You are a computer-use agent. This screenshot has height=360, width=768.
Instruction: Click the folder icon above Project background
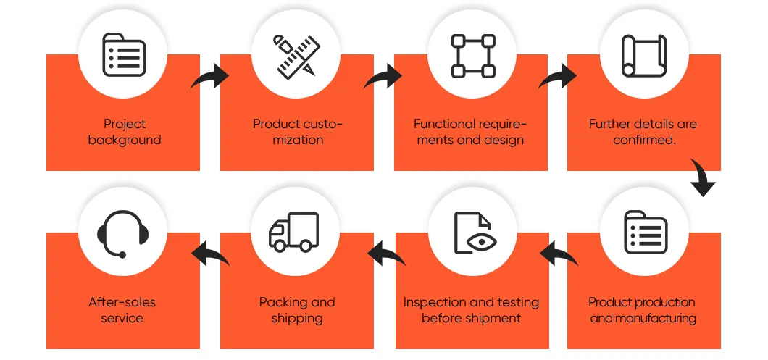pos(123,54)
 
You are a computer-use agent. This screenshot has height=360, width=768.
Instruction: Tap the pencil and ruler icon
pos(296,55)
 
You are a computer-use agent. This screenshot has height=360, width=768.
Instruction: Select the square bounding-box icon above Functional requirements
pos(472,56)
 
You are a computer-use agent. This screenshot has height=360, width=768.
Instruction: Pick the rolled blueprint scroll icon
pos(644,56)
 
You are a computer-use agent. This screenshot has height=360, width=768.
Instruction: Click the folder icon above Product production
pos(646,233)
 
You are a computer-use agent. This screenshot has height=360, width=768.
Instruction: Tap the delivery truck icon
pos(294,233)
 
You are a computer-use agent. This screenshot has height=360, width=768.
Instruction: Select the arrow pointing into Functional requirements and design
pos(383,78)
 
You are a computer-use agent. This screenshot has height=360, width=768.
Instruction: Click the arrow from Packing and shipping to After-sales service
pos(211,253)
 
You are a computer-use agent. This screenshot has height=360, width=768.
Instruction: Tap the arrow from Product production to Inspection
pos(559,253)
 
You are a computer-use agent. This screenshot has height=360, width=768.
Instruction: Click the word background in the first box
pos(125,140)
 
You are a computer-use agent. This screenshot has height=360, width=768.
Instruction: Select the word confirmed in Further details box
pos(643,140)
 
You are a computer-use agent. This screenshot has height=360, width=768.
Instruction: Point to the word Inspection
pos(435,303)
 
